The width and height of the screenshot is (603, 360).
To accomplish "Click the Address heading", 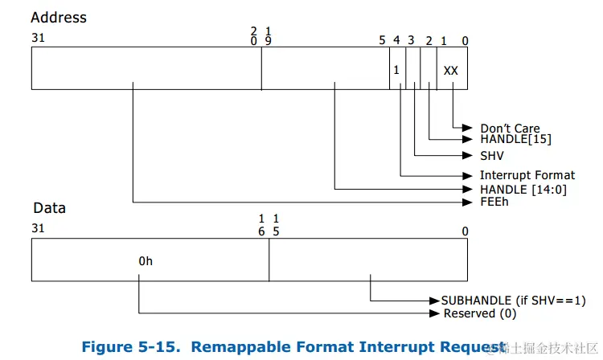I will coord(59,17).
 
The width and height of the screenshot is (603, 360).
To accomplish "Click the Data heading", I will coord(49,208).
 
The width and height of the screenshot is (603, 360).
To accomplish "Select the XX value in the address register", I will coord(450,71).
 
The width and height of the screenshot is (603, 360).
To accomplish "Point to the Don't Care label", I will coord(510,129).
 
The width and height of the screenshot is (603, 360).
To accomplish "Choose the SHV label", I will coord(492,156).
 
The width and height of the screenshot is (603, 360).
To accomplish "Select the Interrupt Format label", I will coord(527,175).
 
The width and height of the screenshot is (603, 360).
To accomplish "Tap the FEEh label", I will coord(494,202).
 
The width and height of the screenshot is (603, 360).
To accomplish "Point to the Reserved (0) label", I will coord(480,313).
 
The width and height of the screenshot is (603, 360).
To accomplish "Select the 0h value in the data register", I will coord(145,261).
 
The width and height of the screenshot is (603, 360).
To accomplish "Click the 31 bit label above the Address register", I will coord(38,38).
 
